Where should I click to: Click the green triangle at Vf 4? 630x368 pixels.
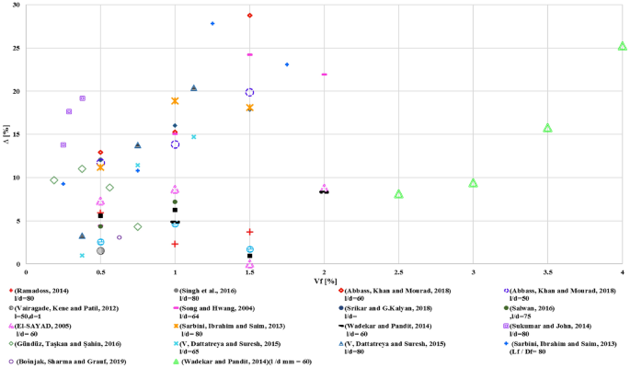pyautogui.click(x=622, y=45)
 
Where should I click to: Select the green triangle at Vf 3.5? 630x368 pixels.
pyautogui.click(x=547, y=128)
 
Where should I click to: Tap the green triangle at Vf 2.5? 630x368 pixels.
pyautogui.click(x=398, y=194)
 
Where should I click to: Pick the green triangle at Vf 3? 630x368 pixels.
pyautogui.click(x=473, y=183)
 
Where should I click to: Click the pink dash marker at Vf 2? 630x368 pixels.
pyautogui.click(x=324, y=75)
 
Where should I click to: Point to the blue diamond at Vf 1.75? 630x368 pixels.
pyautogui.click(x=287, y=64)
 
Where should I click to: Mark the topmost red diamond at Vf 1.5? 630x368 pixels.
pyautogui.click(x=249, y=16)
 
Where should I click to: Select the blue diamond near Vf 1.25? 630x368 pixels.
pyautogui.click(x=212, y=23)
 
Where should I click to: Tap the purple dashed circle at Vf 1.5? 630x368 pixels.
pyautogui.click(x=249, y=92)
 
